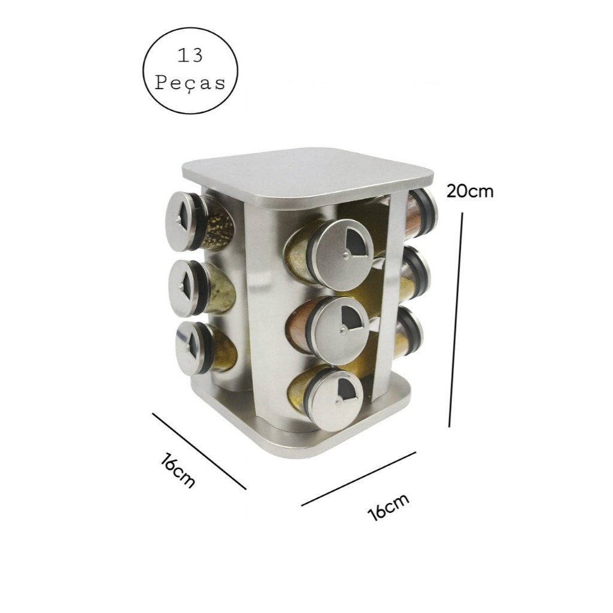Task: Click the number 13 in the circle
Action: click(190, 56)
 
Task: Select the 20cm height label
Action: click(470, 191)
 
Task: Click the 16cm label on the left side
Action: click(177, 471)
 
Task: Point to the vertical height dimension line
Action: click(456, 320)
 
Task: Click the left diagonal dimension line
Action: click(199, 451)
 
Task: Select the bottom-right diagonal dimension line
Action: click(359, 479)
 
